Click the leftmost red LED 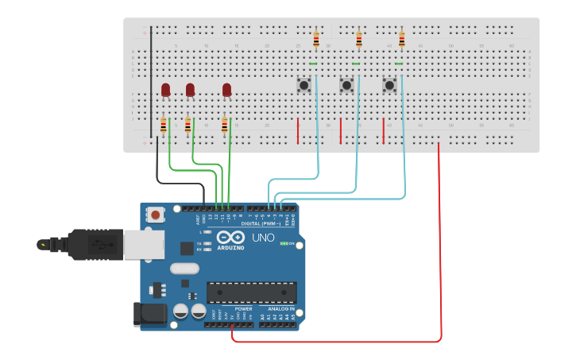[165, 90]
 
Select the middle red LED [190, 90]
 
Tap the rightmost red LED [226, 90]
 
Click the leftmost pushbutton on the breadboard [303, 84]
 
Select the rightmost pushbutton [389, 84]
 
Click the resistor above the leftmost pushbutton [316, 39]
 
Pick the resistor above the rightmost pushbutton [401, 39]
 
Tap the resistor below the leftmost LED [163, 125]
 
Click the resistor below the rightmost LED [224, 125]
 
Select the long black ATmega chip [251, 292]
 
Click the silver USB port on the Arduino [144, 245]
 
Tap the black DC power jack [151, 314]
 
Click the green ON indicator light [284, 243]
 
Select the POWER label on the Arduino [243, 308]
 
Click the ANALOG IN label [280, 308]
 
